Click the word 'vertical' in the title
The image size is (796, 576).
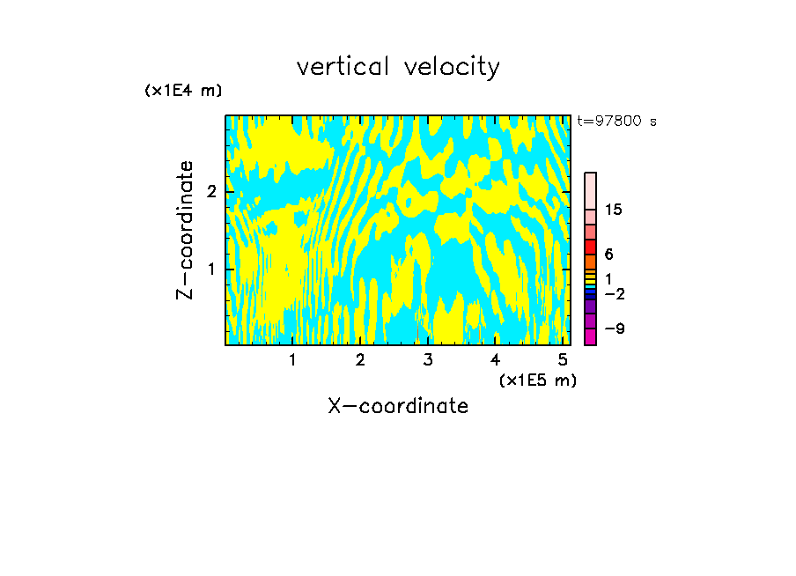345,67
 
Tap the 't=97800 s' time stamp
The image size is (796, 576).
616,122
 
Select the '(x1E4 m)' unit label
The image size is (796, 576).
183,91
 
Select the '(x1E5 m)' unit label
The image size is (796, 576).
537,380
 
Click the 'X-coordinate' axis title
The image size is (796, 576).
398,406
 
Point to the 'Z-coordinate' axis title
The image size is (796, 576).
185,230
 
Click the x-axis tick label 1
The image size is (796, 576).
292,359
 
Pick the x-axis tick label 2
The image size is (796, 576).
360,359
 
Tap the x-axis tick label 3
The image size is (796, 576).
428,359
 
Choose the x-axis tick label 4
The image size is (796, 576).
496,359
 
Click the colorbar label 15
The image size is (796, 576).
614,210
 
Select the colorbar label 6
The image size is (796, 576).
608,255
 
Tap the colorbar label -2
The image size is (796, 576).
614,293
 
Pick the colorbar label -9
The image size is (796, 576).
614,329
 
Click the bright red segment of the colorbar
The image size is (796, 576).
590,247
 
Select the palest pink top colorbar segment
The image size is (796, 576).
590,190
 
